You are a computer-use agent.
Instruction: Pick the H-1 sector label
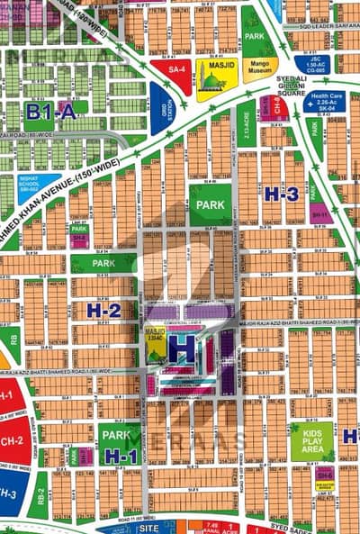119,456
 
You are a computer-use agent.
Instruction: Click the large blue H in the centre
183,348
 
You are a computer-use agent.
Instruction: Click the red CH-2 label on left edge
10,441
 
